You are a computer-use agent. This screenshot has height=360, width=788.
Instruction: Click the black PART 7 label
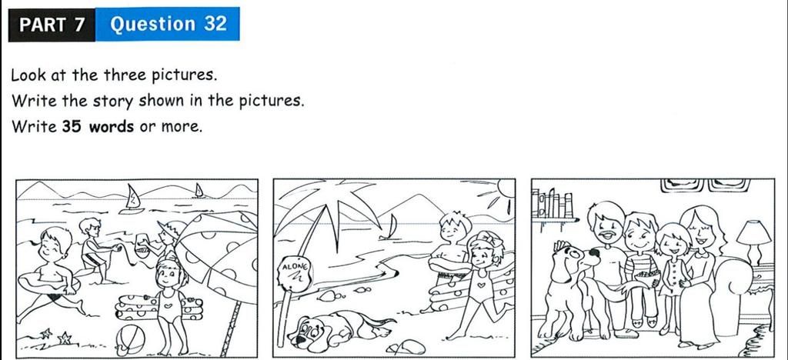coord(52,24)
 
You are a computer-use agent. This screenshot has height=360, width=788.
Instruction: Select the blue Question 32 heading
coord(169,24)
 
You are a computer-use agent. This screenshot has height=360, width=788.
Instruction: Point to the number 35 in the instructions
coord(72,126)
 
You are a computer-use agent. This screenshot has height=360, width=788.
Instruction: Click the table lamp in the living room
coord(753,238)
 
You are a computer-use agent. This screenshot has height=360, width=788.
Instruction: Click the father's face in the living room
coord(607,224)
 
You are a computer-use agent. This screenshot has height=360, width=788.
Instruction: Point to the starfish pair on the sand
coord(54,336)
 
